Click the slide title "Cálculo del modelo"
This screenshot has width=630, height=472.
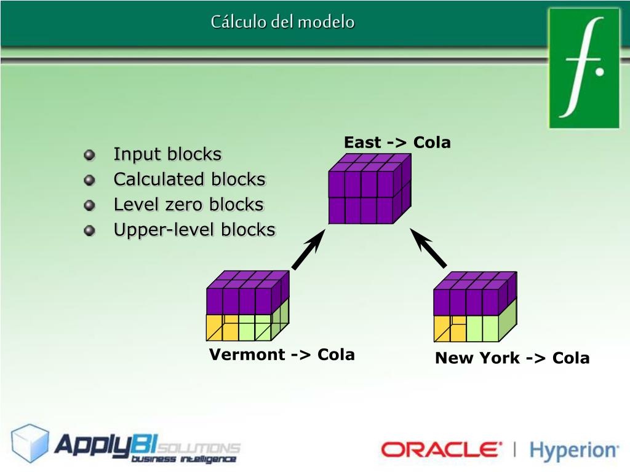(282, 22)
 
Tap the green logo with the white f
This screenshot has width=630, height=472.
(584, 68)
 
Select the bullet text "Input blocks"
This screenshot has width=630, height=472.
(167, 154)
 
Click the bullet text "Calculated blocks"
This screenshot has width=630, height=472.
(189, 179)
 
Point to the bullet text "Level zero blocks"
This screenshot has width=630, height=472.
(188, 205)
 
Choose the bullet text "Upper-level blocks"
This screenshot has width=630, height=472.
(194, 230)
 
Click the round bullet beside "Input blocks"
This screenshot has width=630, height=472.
(90, 155)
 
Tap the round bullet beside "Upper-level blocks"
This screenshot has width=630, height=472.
(90, 230)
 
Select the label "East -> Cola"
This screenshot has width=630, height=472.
(397, 143)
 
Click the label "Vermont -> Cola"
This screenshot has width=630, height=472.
(282, 355)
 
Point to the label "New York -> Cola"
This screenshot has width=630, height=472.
(512, 358)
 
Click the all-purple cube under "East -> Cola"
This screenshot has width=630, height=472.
(369, 189)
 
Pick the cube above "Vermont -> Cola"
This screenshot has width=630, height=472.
(247, 306)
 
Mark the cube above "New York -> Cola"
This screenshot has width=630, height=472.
(474, 307)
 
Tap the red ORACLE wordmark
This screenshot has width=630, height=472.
(441, 450)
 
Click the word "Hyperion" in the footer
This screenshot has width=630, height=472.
(573, 450)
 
